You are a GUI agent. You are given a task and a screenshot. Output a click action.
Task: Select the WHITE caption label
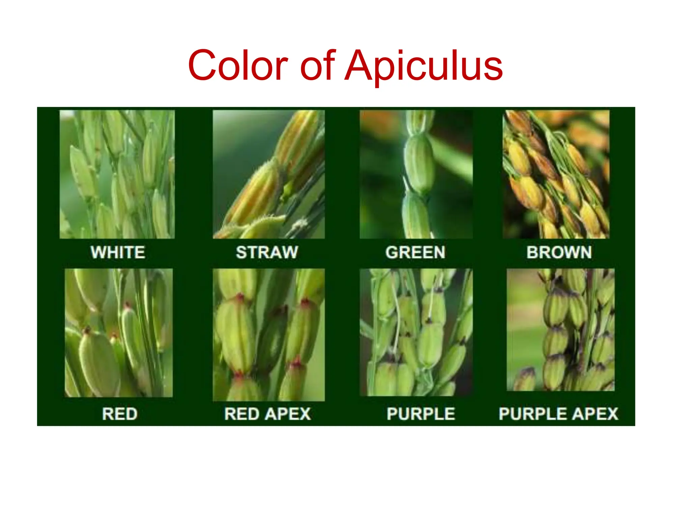[x=118, y=252]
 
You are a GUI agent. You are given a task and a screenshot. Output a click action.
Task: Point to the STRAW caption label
[x=267, y=252]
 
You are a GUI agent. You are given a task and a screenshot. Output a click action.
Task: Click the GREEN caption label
[x=415, y=252]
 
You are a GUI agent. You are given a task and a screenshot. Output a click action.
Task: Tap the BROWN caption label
[x=559, y=252]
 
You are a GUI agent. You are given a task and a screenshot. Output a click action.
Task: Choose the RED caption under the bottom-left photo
[x=120, y=414]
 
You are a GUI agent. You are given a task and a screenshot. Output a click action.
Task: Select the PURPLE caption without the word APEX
[x=421, y=414]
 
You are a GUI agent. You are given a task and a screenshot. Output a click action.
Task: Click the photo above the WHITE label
[x=117, y=174]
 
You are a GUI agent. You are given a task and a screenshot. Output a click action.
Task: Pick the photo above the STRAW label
[x=269, y=174]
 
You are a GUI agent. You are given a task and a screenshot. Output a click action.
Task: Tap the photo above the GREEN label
[x=416, y=174]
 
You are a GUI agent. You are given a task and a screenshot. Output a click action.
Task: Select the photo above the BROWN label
[x=556, y=174]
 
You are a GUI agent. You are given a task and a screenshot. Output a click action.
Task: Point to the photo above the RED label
[x=118, y=333]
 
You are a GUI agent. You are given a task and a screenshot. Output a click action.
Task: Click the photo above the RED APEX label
[x=269, y=335]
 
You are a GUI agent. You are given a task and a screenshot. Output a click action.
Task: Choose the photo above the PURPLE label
[x=416, y=332]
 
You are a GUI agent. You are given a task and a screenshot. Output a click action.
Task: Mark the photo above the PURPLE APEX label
[x=560, y=330]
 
